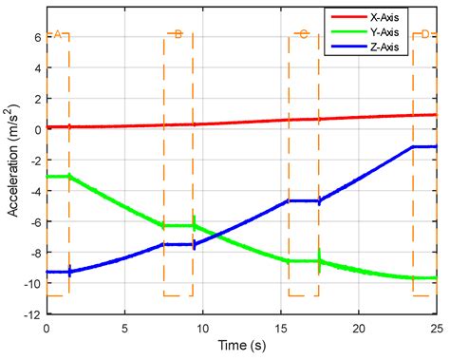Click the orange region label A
tap(57, 35)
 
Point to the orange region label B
tap(178, 35)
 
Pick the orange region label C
tap(303, 35)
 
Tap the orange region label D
tap(424, 35)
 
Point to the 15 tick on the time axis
tap(281, 328)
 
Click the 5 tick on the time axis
tap(124, 328)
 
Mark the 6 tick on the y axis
tap(36, 37)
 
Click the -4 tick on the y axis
tap(33, 191)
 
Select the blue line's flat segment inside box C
tap(304, 200)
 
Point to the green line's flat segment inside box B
tap(178, 225)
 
